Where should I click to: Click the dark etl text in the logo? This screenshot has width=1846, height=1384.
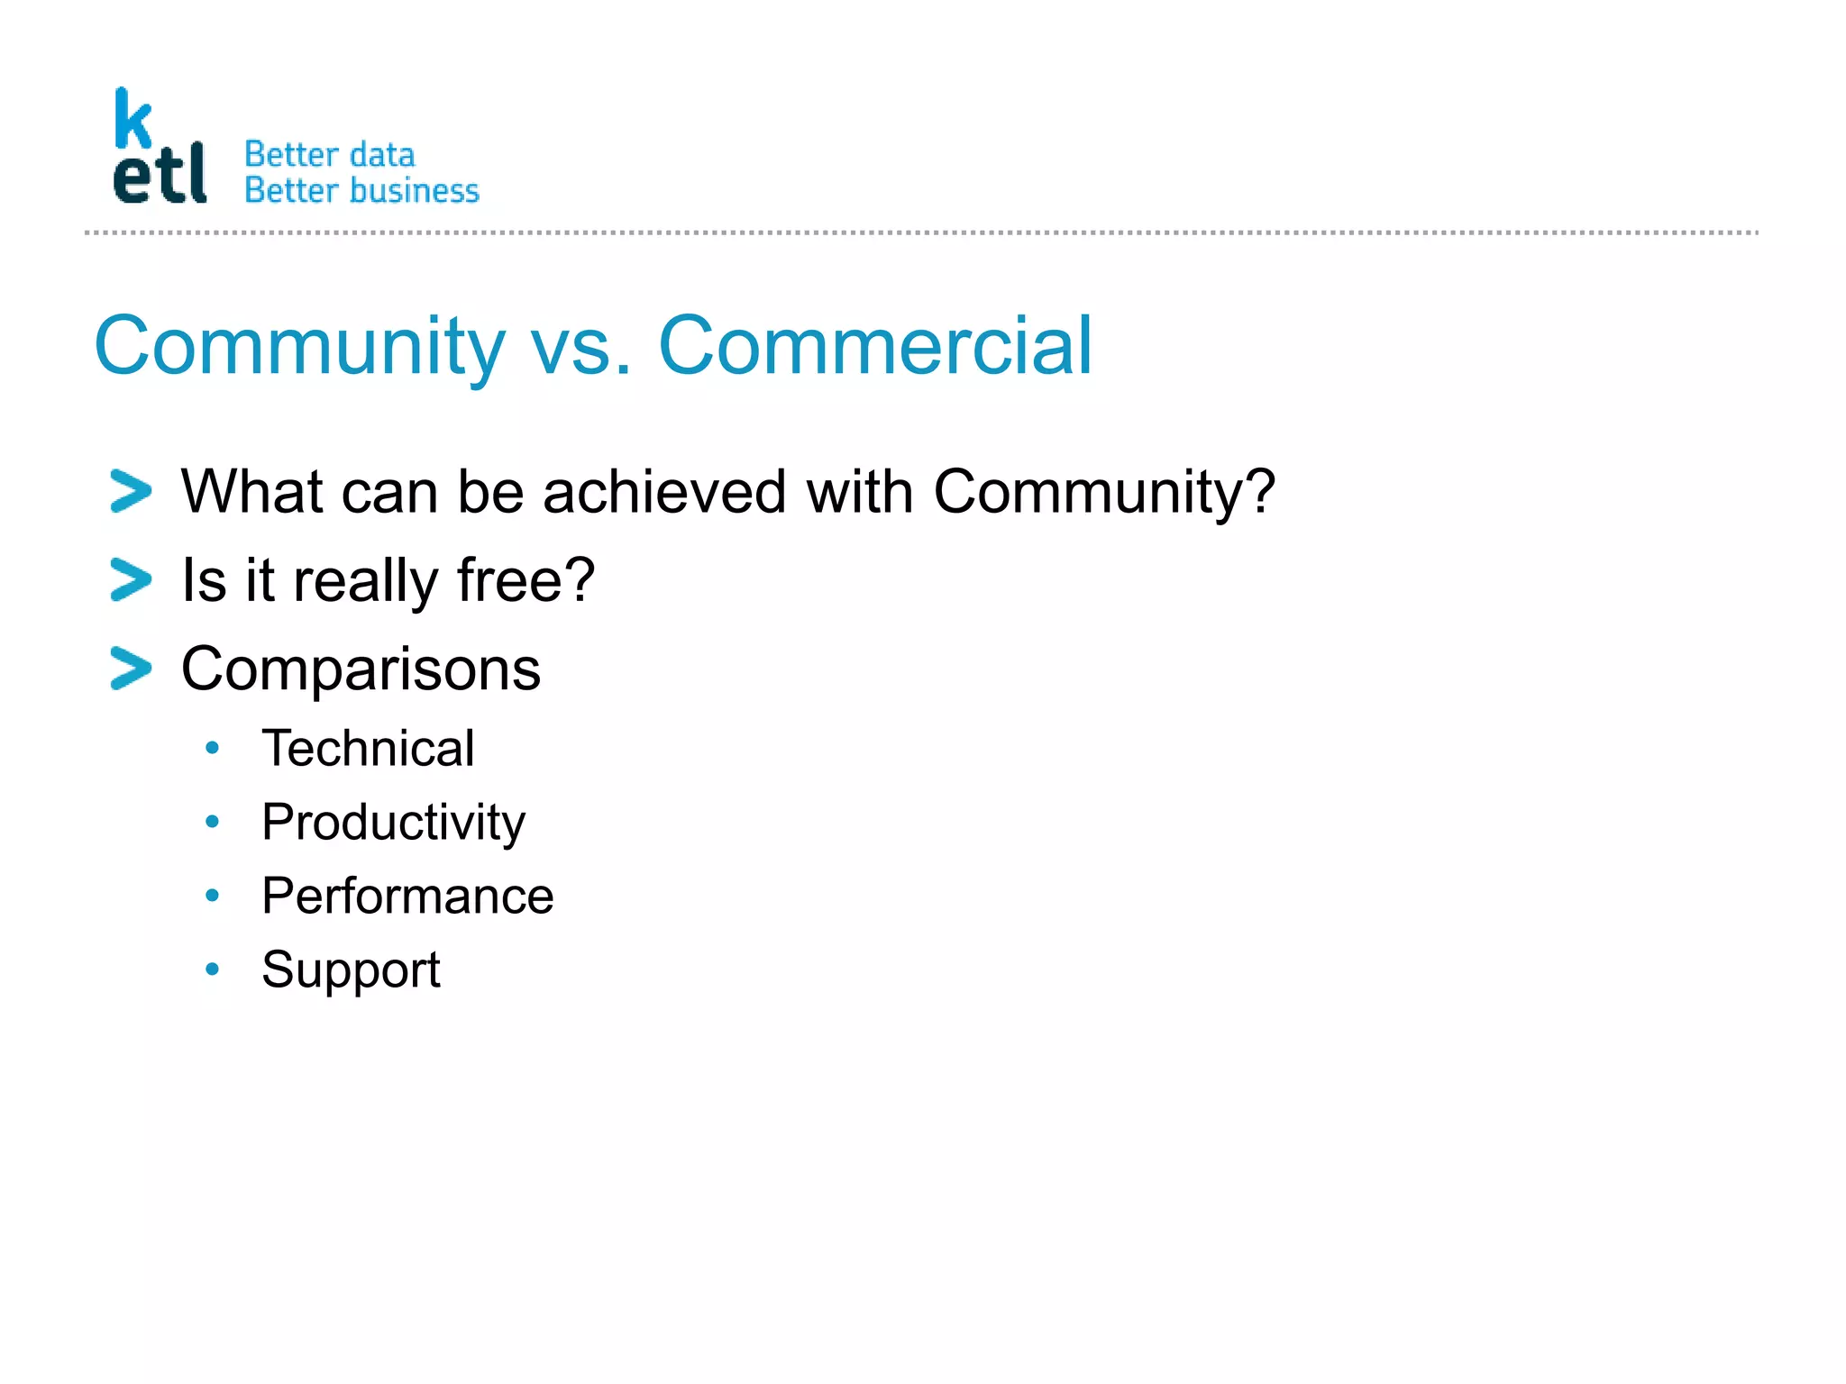click(160, 175)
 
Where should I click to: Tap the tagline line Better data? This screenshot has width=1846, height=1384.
click(329, 155)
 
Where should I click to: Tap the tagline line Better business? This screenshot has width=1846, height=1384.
click(361, 191)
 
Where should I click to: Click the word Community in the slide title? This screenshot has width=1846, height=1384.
click(299, 347)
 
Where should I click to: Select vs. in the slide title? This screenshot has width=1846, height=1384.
click(580, 347)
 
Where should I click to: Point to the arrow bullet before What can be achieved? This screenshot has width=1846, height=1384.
click(131, 491)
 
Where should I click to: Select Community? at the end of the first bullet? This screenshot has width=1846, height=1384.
click(1103, 493)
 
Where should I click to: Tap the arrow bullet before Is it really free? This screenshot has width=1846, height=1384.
click(131, 579)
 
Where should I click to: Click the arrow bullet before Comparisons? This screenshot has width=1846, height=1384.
click(131, 669)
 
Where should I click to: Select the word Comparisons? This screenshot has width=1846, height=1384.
click(361, 669)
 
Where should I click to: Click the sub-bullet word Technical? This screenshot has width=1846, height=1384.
click(368, 748)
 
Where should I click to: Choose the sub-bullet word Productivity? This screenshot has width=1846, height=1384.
click(393, 823)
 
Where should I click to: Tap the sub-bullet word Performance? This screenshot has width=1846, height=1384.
click(407, 896)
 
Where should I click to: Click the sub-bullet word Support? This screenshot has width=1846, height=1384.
click(351, 970)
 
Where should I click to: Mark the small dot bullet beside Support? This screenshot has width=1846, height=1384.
click(212, 970)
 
